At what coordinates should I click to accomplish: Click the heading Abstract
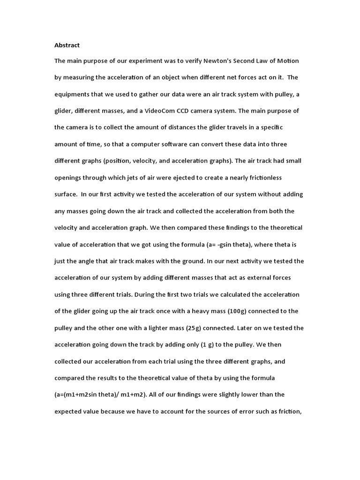point(67,45)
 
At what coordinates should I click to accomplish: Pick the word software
point(176,144)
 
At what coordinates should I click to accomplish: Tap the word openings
point(68,178)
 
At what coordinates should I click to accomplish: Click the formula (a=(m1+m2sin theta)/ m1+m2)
point(101,395)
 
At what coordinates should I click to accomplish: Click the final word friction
point(292,412)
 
